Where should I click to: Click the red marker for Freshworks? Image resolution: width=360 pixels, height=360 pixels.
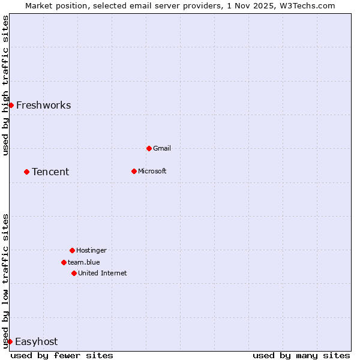click(x=11, y=105)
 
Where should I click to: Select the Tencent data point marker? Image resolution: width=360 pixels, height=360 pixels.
click(x=26, y=172)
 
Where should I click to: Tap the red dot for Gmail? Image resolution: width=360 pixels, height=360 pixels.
click(x=149, y=148)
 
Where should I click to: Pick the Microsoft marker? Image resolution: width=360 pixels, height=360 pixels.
click(x=134, y=171)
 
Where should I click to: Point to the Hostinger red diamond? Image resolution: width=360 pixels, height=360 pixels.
click(x=72, y=250)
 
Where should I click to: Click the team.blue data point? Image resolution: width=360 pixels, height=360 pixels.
click(x=64, y=262)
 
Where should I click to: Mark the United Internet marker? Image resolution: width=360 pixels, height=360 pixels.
click(x=74, y=273)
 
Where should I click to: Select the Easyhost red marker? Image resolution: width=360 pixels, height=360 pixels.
click(x=10, y=341)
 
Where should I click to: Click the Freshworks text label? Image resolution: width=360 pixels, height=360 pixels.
click(x=43, y=106)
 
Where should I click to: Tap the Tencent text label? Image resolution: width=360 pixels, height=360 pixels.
click(x=50, y=172)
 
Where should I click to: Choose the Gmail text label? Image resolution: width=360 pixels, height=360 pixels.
click(x=162, y=148)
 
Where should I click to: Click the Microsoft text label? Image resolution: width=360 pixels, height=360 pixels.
click(x=152, y=171)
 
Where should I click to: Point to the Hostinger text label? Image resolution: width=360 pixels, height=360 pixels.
click(x=91, y=250)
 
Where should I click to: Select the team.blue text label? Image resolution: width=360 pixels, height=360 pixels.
click(x=84, y=262)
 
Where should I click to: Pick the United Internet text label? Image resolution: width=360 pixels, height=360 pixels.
click(x=103, y=273)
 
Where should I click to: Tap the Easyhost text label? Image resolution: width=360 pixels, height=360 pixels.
click(x=36, y=342)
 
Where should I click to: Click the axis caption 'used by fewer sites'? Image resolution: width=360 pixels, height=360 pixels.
click(x=62, y=355)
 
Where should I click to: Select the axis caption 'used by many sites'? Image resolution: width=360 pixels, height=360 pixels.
click(x=301, y=355)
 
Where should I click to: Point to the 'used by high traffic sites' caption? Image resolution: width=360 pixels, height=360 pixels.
click(x=5, y=85)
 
